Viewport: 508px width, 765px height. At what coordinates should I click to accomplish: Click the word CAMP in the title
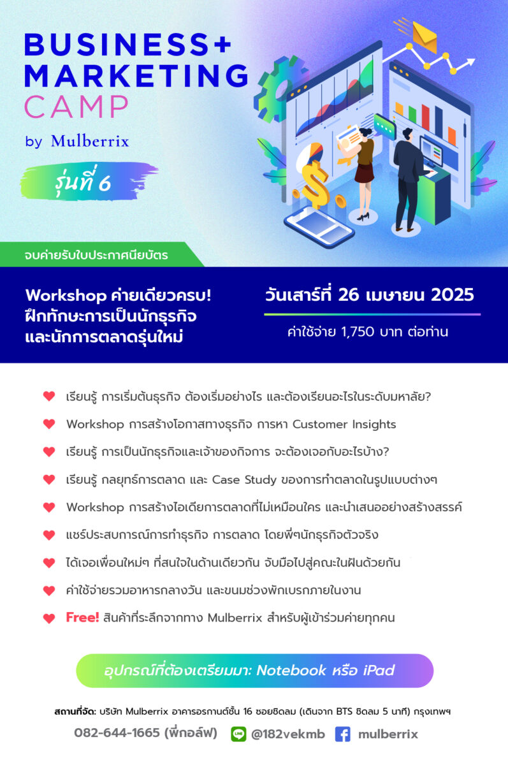coord(76,106)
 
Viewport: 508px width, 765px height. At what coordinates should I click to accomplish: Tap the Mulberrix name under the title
coord(90,141)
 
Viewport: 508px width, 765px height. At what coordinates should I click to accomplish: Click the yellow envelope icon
coord(425,37)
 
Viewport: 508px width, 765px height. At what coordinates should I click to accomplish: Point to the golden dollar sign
coord(315,184)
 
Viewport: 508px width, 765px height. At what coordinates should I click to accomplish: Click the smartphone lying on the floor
coord(319,226)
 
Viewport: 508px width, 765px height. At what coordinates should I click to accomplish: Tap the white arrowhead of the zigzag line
coord(470,62)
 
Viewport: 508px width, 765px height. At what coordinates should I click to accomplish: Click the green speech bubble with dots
coord(384,126)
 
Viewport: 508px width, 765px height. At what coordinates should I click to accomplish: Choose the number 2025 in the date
coord(453,295)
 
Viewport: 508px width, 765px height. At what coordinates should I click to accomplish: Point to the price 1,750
coord(358,331)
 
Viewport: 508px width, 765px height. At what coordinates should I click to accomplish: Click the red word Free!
coord(82,617)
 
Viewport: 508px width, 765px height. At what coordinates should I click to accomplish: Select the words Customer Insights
coord(344,424)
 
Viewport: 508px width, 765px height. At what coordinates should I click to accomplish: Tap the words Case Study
coord(244,479)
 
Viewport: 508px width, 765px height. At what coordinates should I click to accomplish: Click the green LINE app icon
coord(238,734)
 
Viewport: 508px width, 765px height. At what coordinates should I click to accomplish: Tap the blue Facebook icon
coord(342,734)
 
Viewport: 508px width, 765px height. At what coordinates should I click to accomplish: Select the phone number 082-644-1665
coord(117,732)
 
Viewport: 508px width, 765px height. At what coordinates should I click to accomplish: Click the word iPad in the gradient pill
coord(379,671)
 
